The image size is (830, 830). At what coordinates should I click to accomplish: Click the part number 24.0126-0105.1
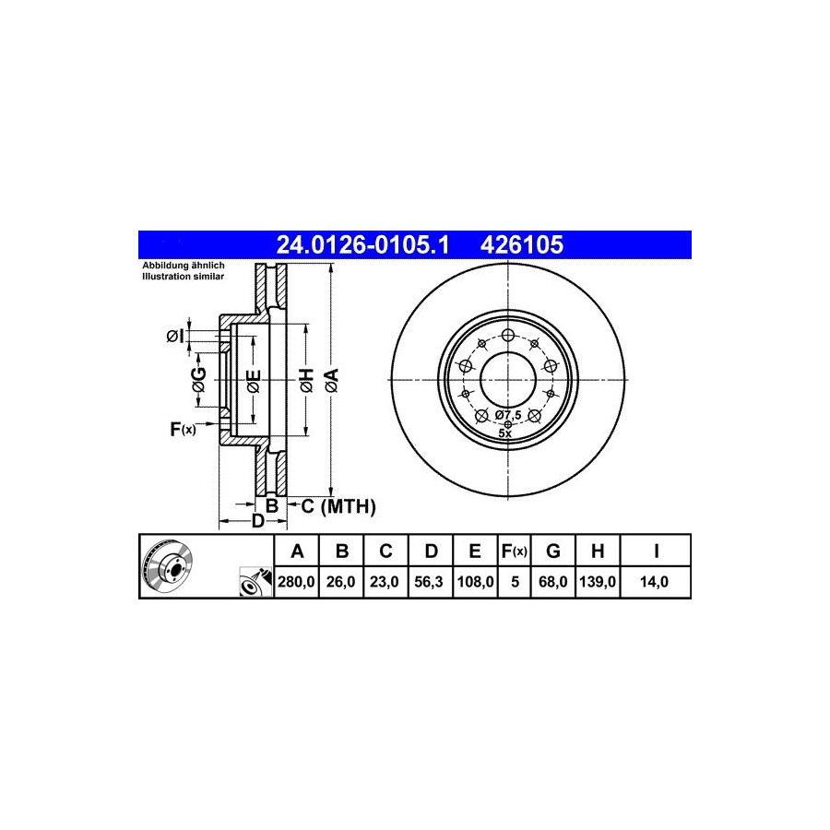362,245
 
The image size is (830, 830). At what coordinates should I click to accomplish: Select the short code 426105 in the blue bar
522,245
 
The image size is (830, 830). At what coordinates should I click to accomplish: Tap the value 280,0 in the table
296,582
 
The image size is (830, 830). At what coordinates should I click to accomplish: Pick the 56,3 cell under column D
429,582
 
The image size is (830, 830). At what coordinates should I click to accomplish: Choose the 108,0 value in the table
475,582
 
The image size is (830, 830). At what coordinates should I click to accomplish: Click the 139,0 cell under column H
598,582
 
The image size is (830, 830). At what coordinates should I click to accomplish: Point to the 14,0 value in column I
654,582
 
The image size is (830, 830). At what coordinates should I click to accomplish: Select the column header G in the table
553,551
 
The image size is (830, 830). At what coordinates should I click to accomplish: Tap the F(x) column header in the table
515,551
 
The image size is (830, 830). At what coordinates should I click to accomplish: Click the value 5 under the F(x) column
515,582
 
